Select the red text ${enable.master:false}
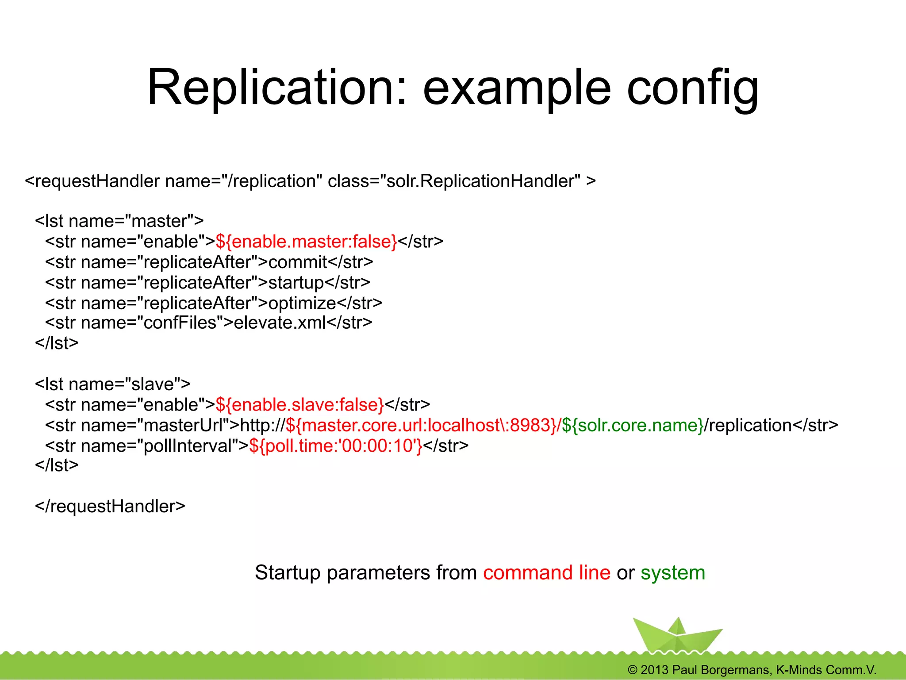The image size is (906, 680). (306, 242)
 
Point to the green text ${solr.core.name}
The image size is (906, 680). (633, 426)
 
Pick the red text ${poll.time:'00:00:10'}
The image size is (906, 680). (335, 446)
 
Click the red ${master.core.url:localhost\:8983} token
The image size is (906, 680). (421, 426)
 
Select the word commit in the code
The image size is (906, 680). (298, 262)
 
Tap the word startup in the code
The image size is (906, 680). (296, 283)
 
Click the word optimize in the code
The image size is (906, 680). (302, 304)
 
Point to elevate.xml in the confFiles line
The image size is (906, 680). (280, 323)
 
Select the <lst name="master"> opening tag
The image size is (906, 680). (119, 221)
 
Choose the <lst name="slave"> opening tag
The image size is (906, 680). (113, 384)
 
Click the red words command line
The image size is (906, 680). (546, 573)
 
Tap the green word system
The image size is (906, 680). (672, 573)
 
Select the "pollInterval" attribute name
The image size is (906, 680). (188, 446)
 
